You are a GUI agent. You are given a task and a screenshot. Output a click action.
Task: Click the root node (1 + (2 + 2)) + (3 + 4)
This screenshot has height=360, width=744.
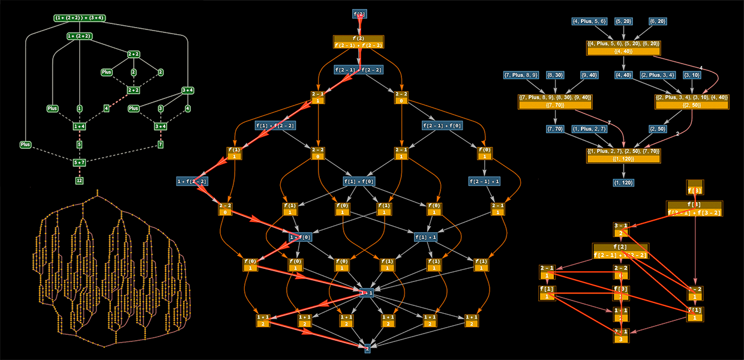[x=80, y=18]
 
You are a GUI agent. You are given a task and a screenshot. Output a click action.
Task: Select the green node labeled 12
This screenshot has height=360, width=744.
[x=79, y=180]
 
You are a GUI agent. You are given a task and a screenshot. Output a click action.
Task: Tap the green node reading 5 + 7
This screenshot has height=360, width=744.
[x=79, y=163]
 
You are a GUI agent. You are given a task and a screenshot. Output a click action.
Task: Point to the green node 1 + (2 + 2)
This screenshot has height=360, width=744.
[x=79, y=36]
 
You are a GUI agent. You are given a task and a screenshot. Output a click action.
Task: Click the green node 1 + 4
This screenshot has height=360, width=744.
[x=79, y=127]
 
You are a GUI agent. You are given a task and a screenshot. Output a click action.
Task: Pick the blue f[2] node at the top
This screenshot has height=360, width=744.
[x=359, y=13]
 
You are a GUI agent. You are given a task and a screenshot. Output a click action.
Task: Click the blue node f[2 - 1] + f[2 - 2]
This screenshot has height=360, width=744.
[x=359, y=70]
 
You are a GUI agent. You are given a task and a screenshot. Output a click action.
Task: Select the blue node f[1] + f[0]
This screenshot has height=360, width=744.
[x=359, y=181]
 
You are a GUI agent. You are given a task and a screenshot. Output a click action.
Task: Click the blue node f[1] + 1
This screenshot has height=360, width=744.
[x=428, y=237]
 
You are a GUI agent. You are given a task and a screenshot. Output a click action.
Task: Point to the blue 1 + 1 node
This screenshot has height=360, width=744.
[x=367, y=293]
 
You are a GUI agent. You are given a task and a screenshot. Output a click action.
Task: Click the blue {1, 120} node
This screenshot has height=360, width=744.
[x=623, y=182]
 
